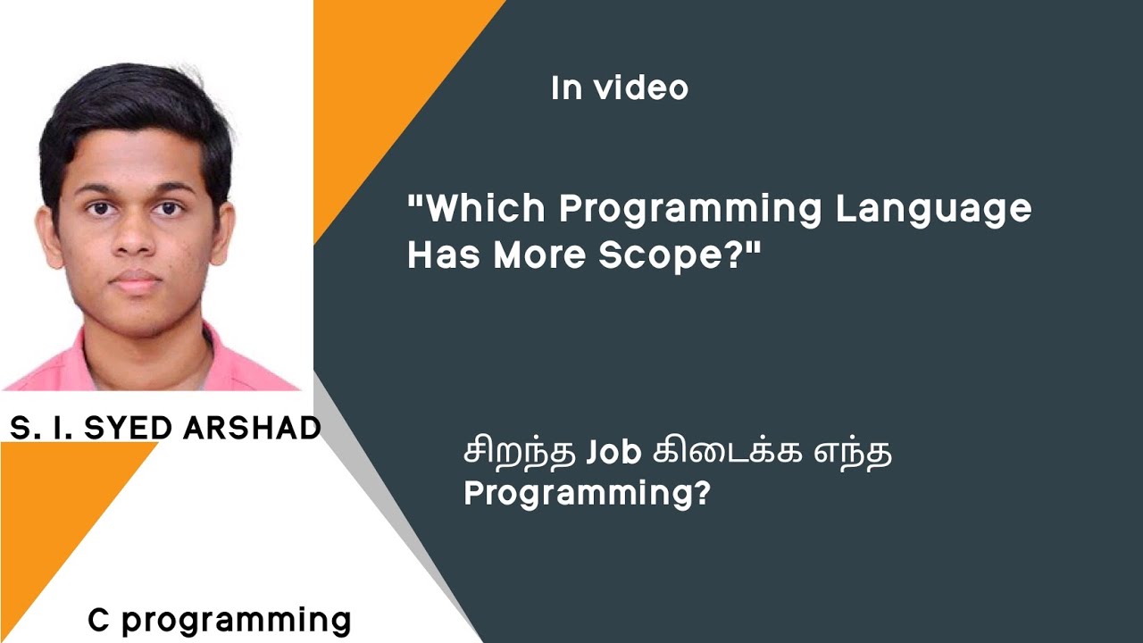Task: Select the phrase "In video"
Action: (x=620, y=88)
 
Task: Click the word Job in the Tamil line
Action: (x=614, y=454)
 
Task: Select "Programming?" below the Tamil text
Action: (x=586, y=494)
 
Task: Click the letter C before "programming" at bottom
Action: (x=98, y=620)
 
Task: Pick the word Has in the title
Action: (x=443, y=255)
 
